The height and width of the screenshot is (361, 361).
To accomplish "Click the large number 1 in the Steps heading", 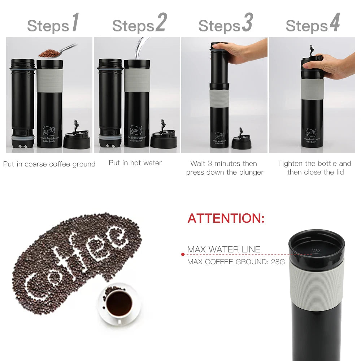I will tap(75, 23).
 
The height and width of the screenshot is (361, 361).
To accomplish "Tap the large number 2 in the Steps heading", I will tap(161, 23).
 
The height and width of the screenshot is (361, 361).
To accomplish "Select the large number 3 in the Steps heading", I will tap(247, 23).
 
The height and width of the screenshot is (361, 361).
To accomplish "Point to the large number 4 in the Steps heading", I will tap(334, 23).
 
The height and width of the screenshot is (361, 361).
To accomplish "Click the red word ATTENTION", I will tap(226, 218).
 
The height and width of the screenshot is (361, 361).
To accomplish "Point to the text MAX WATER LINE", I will tap(223, 249).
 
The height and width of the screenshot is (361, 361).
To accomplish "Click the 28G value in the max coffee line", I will tap(278, 262).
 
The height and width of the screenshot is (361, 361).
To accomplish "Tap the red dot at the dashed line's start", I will tap(183, 255).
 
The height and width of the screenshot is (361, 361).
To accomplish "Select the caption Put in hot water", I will tap(135, 163).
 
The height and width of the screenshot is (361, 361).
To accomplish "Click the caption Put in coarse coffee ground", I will tap(49, 164).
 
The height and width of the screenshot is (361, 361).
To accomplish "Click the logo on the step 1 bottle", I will tap(49, 130).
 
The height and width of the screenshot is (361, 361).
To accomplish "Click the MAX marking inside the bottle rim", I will tap(316, 250).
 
